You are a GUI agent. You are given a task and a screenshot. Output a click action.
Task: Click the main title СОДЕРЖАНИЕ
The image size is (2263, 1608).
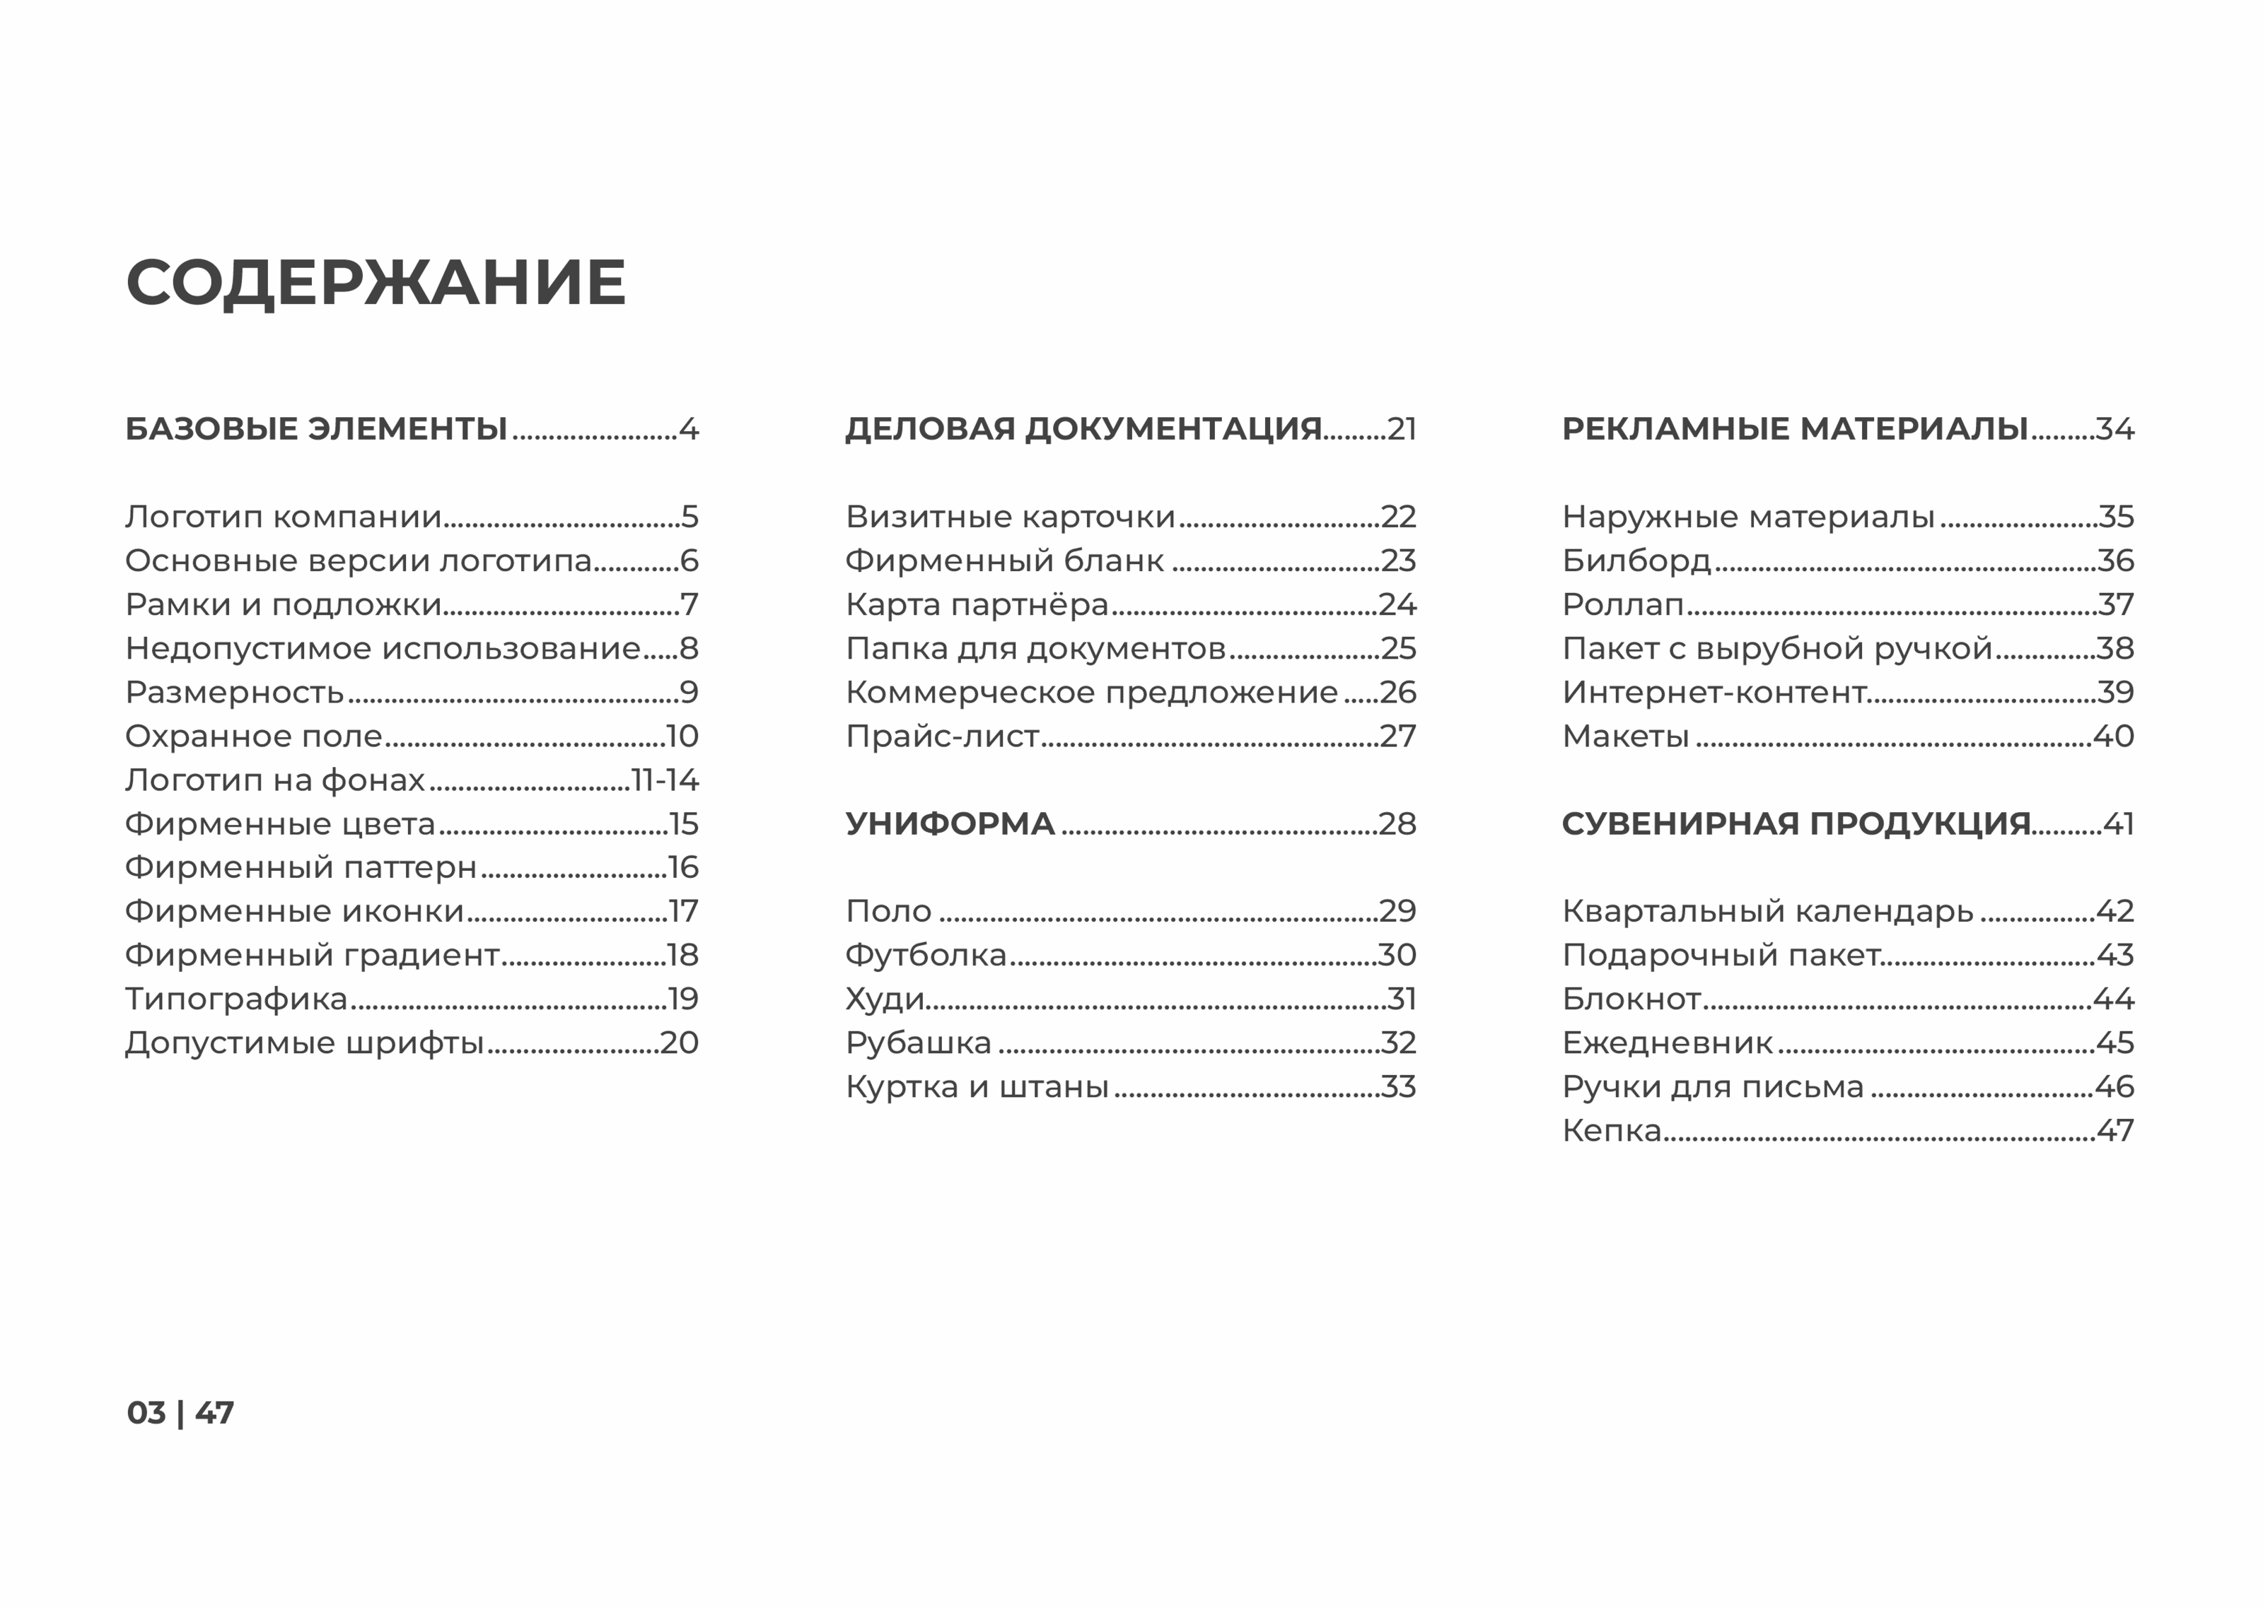[376, 283]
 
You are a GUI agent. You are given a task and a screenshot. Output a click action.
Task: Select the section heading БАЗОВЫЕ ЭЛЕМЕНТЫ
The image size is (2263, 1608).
[316, 429]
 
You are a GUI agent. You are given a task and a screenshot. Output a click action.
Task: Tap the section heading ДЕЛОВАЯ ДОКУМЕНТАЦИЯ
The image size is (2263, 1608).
[1083, 429]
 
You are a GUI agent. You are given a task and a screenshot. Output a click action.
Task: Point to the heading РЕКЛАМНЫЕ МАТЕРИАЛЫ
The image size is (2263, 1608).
[1795, 429]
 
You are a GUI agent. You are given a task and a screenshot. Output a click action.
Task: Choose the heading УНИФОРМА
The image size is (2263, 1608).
[950, 824]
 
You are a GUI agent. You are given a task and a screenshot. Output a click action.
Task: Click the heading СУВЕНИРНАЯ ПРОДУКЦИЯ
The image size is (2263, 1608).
[1796, 824]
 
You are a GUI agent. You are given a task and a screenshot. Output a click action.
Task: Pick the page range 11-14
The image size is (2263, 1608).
[665, 780]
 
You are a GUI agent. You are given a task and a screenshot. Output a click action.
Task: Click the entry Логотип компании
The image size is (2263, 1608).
[284, 517]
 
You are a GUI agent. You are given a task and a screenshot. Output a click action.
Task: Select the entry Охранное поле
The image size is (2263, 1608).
[254, 736]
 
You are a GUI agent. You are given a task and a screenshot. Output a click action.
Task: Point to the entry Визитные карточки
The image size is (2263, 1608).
[1009, 517]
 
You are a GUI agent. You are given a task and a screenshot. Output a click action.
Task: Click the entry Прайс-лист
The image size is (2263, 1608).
[942, 736]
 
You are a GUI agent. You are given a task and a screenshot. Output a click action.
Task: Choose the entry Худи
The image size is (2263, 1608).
[885, 999]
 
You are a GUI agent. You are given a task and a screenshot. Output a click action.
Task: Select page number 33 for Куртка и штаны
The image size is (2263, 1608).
[1398, 1087]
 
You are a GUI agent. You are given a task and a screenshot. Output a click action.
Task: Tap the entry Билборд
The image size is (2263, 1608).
[1636, 561]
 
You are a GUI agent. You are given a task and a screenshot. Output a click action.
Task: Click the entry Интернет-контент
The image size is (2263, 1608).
[1714, 692]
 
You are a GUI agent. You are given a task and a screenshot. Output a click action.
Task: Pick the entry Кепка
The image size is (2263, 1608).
[1612, 1131]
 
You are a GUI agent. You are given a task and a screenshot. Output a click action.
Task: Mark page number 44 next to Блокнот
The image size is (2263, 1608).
[2114, 999]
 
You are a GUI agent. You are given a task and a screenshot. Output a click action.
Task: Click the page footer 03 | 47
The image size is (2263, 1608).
[180, 1413]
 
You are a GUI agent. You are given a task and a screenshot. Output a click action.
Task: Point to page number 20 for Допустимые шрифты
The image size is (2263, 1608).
[680, 1043]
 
